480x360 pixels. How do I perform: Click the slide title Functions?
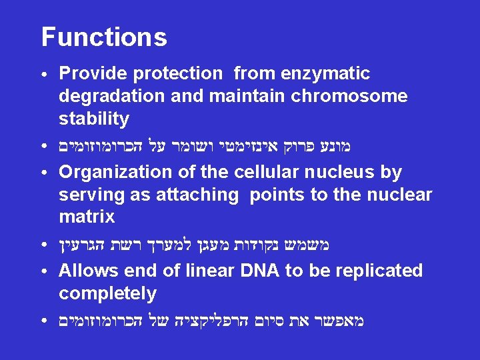tap(104, 37)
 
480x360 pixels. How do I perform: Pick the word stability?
tap(93, 119)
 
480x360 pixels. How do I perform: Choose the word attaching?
tap(199, 195)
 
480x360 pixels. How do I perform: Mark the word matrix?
tap(87, 217)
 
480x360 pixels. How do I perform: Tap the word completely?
tap(107, 293)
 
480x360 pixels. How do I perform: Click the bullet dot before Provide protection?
tap(43, 74)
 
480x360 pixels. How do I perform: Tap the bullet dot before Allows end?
tap(43, 271)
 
